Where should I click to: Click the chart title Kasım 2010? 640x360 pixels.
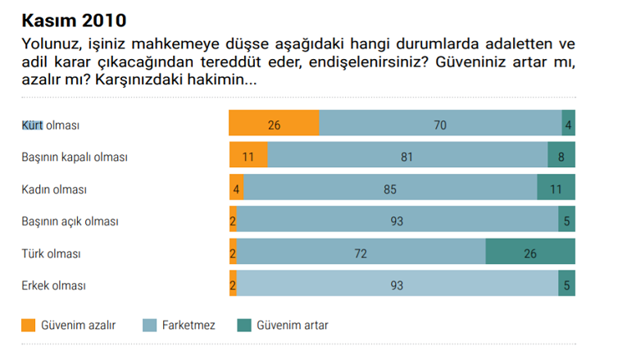pos(75,18)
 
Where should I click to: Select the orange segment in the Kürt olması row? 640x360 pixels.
pos(274,125)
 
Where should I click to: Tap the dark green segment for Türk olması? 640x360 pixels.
pos(530,253)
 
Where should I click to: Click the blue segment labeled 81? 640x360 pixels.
pos(407,157)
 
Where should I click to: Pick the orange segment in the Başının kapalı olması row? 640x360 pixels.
pos(248,157)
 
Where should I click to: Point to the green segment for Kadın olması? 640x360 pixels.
pos(556,189)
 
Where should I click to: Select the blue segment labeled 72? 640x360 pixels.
pos(361,253)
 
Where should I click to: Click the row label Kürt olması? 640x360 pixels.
pos(50,125)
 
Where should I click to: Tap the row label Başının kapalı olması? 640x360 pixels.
pos(74,157)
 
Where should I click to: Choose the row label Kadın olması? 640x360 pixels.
pos(53,189)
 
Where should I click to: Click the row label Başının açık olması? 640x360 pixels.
pos(70,221)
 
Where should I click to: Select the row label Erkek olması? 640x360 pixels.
pos(53,285)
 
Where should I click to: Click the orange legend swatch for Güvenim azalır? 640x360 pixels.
pos(29,326)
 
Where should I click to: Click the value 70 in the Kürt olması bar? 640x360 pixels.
pos(440,125)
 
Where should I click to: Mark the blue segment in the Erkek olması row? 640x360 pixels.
pos(397,285)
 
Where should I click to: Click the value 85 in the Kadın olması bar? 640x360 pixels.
pos(390,189)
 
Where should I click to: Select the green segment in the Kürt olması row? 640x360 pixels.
pos(568,125)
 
